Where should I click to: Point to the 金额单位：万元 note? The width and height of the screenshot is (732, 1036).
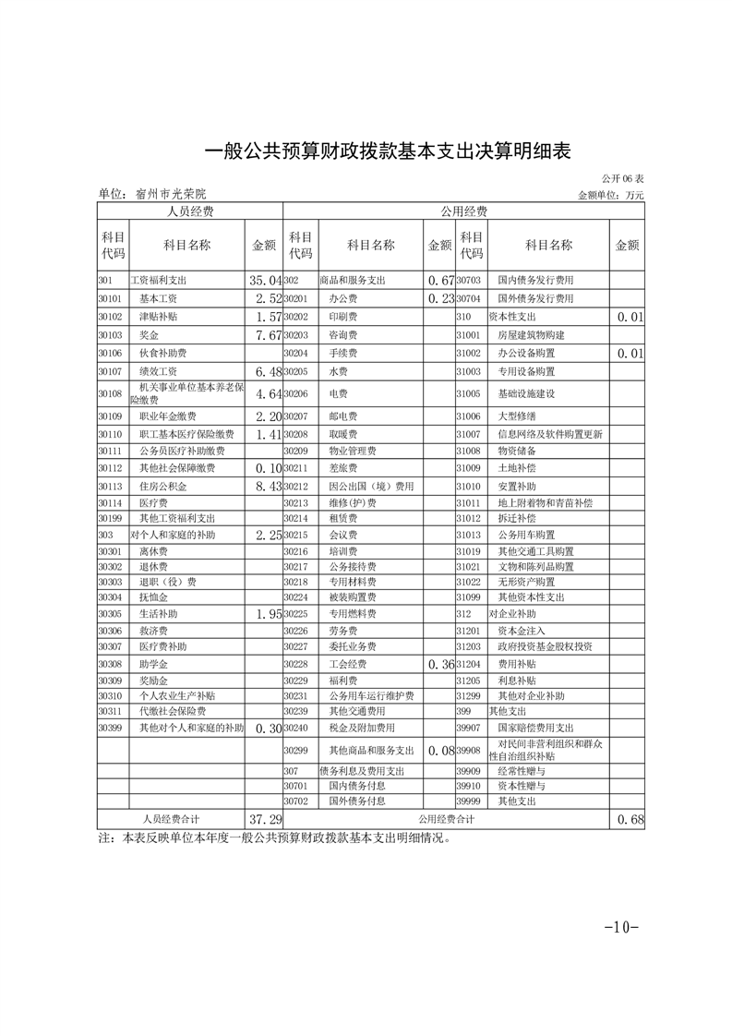(610, 195)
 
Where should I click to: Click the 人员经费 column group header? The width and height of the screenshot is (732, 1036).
(189, 211)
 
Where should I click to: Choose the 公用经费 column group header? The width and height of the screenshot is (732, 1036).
(463, 211)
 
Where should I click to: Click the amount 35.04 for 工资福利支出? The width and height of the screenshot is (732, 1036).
(264, 280)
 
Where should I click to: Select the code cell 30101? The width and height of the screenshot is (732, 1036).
(110, 298)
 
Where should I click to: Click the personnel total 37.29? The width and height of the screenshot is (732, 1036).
(265, 819)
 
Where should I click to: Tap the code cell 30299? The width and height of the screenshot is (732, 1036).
(295, 750)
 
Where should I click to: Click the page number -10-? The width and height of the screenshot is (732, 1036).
(621, 927)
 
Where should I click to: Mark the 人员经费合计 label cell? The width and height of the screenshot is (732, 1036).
(171, 819)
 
